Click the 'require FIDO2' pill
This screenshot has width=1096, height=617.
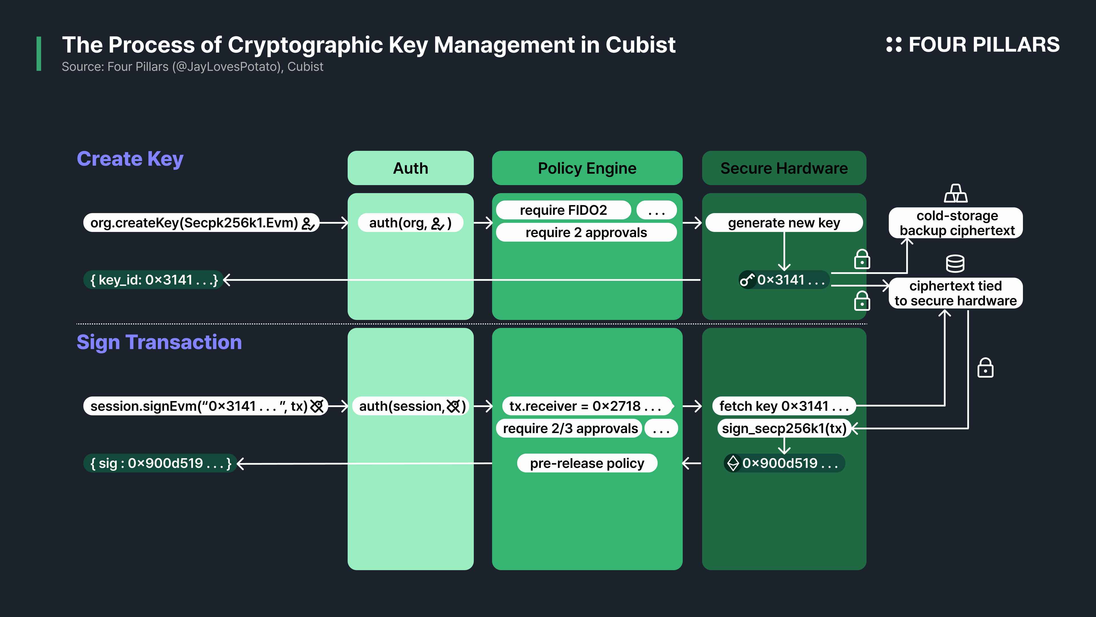[x=563, y=210]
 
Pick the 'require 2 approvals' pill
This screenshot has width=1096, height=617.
[x=586, y=233]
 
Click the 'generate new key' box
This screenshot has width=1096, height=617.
[x=784, y=223]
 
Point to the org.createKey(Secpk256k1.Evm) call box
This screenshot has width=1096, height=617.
[x=201, y=223]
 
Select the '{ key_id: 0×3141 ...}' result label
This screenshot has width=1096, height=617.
[x=153, y=280]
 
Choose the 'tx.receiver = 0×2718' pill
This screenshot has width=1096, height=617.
[x=586, y=406]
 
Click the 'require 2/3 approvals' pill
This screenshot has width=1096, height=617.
[x=569, y=428]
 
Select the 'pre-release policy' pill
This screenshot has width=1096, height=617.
[x=587, y=463]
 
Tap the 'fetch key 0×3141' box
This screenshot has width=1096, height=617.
[x=784, y=406]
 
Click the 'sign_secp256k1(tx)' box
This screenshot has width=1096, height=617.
[x=784, y=428]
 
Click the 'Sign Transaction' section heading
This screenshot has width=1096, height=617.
[x=159, y=342]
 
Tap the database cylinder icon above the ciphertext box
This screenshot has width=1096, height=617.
[x=955, y=264]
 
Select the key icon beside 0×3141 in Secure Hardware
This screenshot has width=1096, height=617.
[x=747, y=280]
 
